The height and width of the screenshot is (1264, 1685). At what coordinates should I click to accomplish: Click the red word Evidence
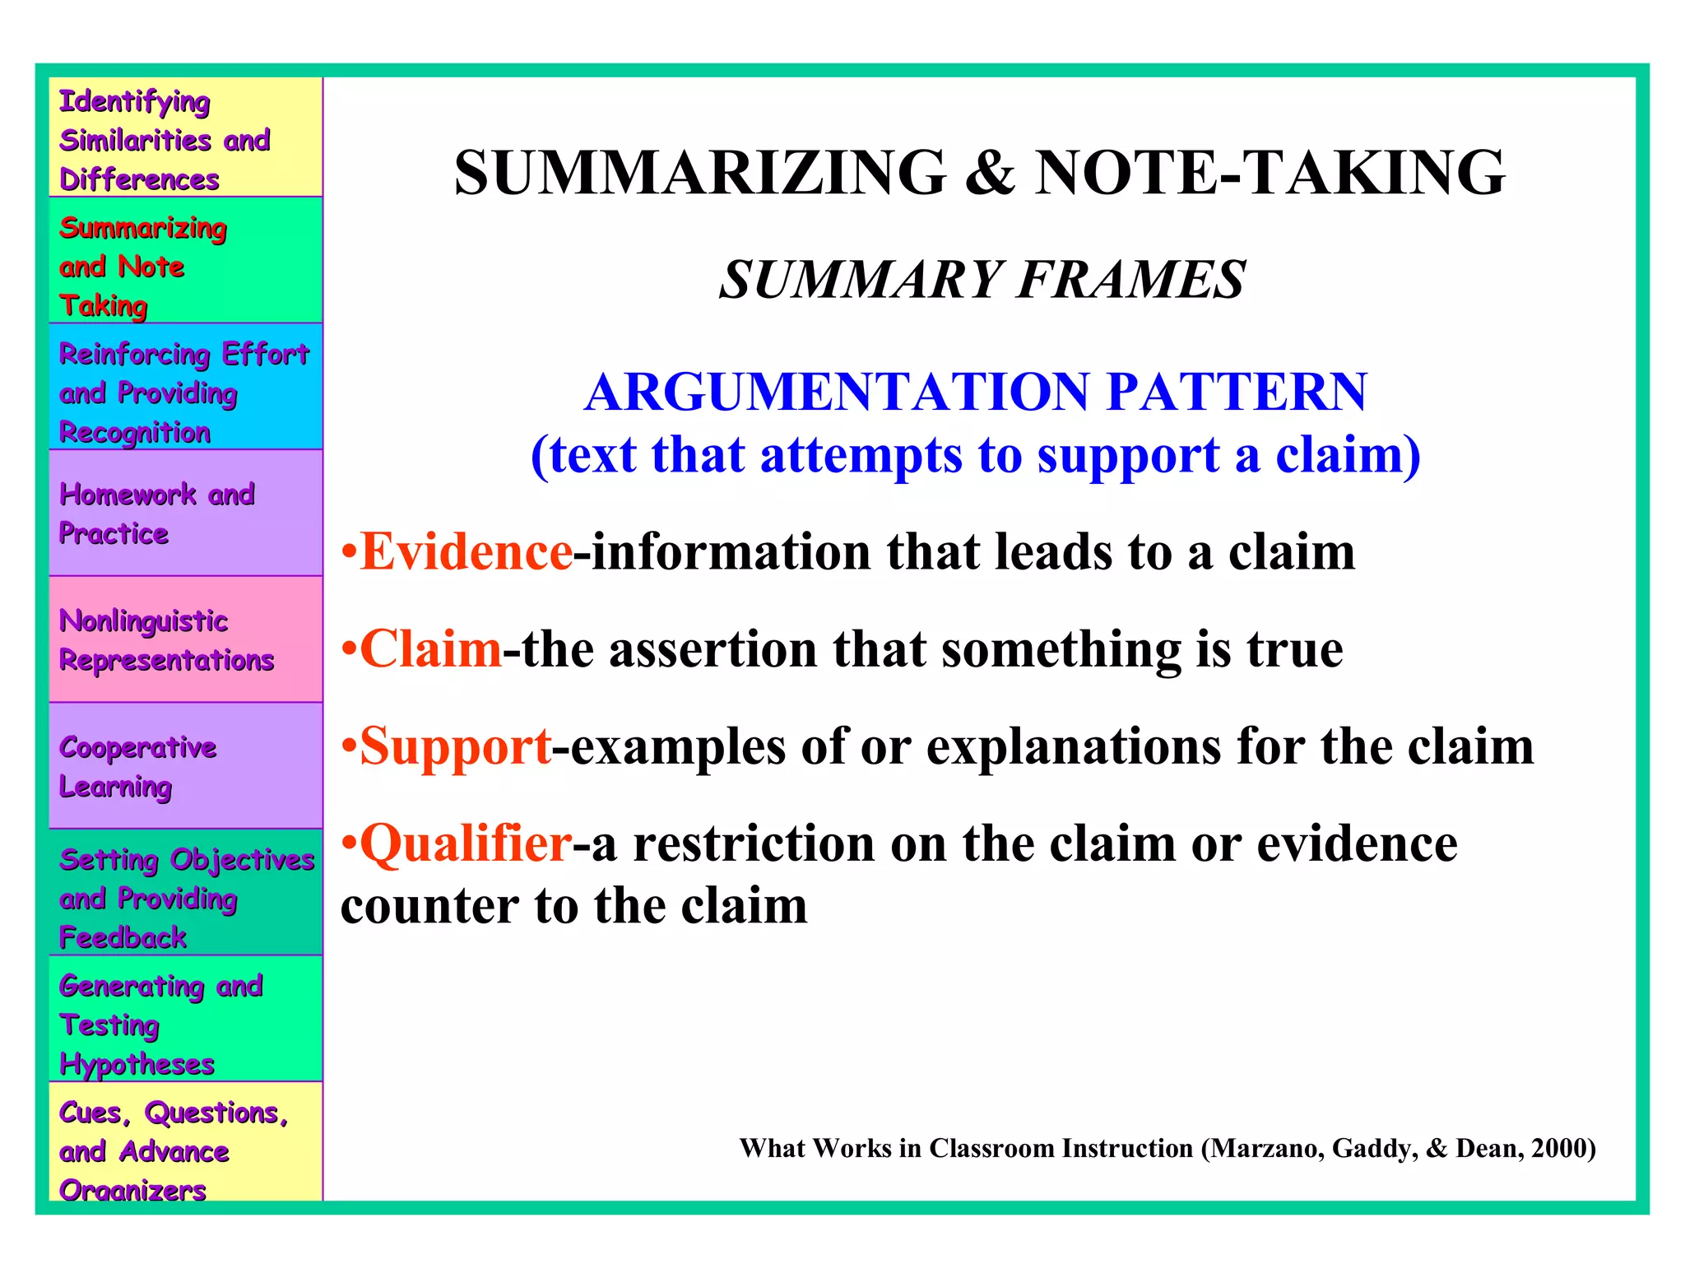click(467, 552)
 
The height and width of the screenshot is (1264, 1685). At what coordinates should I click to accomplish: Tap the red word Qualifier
click(466, 844)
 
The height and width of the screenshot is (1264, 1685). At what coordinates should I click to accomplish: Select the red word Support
click(455, 747)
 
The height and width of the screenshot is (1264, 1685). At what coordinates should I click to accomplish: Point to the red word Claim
click(430, 649)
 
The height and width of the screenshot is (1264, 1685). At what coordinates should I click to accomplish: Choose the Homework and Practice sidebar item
click(186, 513)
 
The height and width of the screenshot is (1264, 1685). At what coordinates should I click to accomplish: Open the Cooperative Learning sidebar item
click(186, 766)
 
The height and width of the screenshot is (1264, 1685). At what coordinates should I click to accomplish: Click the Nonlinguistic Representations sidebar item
click(186, 639)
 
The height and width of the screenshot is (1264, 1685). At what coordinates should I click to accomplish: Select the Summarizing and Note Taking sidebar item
click(186, 266)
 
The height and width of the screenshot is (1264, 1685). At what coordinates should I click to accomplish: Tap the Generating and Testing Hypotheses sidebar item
click(186, 1024)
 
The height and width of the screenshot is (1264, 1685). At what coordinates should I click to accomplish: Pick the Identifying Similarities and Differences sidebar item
click(186, 139)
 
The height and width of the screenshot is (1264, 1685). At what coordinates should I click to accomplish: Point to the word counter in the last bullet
click(429, 907)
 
